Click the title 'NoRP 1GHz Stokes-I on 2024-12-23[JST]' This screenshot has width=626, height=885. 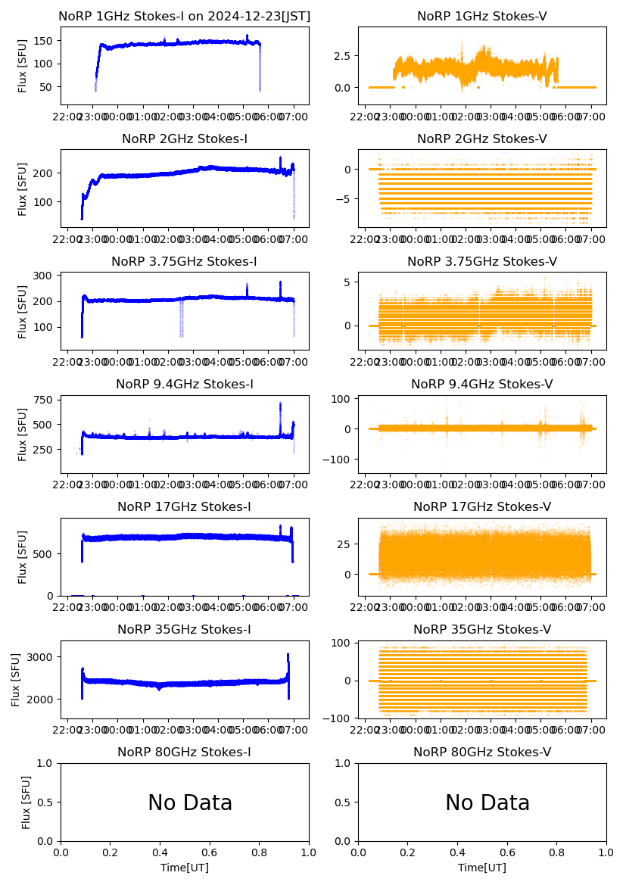click(x=185, y=16)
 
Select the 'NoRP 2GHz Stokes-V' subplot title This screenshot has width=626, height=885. click(x=482, y=139)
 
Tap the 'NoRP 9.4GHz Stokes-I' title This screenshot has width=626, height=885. click(x=185, y=384)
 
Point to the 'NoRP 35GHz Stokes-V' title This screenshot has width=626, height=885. click(x=482, y=629)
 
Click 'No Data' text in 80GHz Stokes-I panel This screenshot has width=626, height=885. click(x=190, y=802)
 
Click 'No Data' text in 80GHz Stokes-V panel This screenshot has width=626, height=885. click(x=487, y=802)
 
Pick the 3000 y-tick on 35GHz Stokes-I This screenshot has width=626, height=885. click(x=42, y=656)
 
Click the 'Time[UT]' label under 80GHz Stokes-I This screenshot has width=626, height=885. click(x=185, y=868)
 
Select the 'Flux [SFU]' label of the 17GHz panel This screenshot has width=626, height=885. click(x=22, y=556)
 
